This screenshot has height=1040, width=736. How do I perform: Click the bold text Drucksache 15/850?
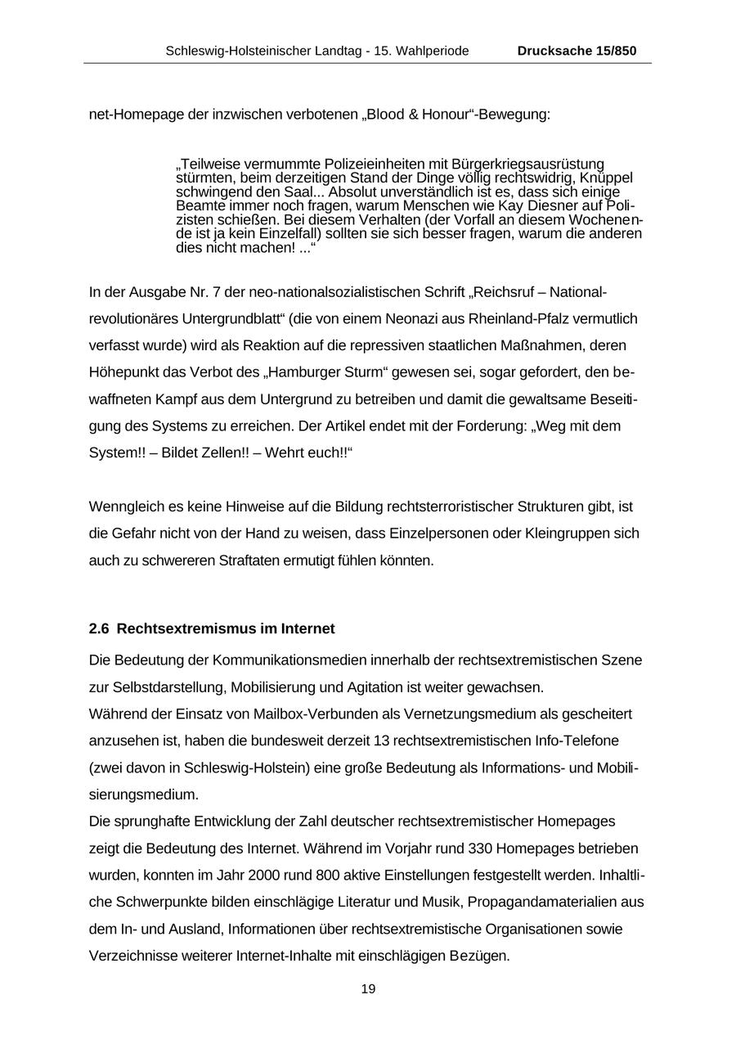pos(577,51)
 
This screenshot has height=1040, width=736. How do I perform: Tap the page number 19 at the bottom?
pos(368,989)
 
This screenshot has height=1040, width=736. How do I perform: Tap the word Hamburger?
pos(308,372)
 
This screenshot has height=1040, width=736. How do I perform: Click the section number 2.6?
pos(99,629)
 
